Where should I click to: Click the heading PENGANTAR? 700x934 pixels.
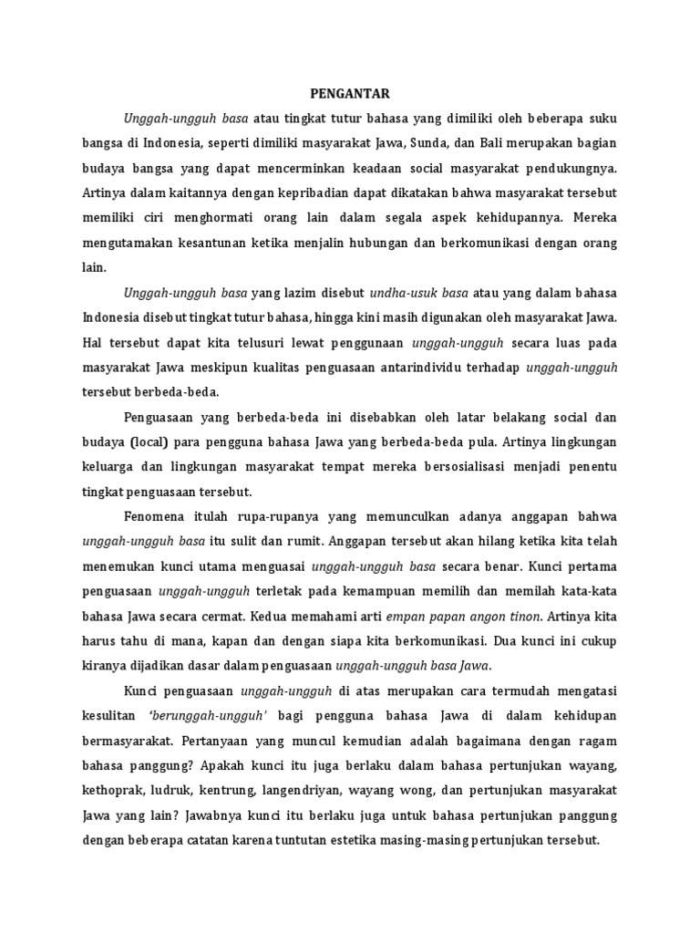pos(350,93)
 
